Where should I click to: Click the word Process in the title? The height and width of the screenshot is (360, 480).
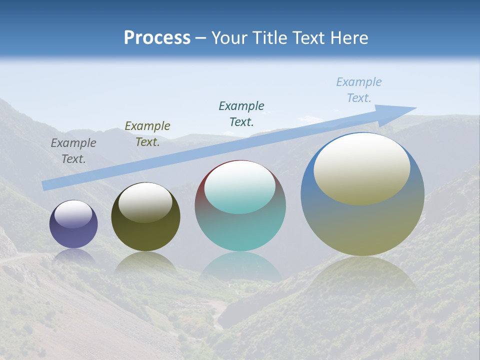click(157, 37)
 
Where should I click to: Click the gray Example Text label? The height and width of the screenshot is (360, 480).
click(73, 151)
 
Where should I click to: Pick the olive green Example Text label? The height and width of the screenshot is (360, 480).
click(147, 134)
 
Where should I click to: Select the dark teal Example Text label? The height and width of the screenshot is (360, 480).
click(241, 113)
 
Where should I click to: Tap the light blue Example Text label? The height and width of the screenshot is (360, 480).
click(358, 90)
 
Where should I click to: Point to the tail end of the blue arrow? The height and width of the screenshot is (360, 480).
click(46, 185)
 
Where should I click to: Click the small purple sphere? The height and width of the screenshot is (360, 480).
click(73, 235)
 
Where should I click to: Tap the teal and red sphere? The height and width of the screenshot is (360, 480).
click(240, 230)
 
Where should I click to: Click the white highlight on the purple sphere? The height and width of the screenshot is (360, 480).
click(73, 214)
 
